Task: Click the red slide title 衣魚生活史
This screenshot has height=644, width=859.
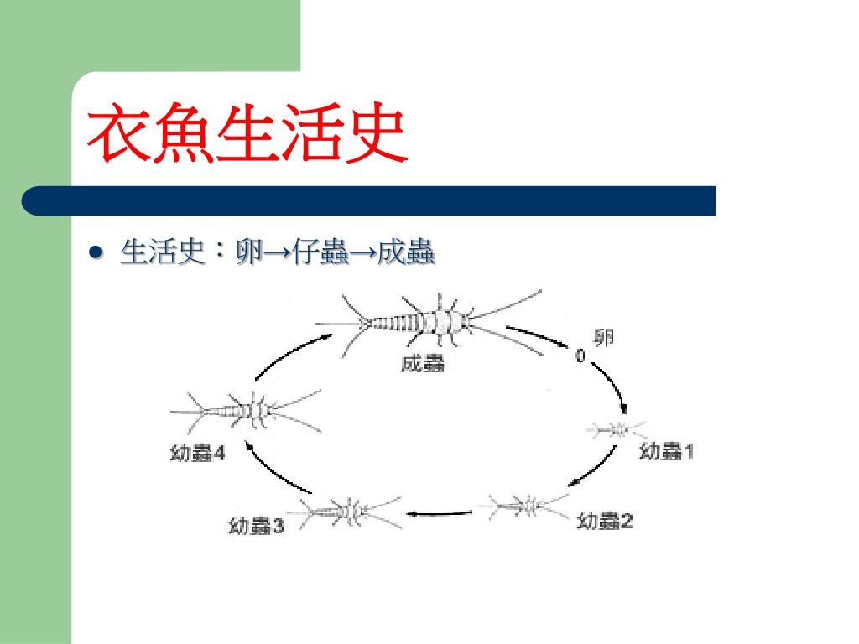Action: tap(247, 133)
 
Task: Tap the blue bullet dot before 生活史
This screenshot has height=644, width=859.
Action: tap(96, 252)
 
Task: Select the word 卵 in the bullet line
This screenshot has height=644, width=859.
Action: tap(248, 252)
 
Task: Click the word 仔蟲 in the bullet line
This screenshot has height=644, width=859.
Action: tap(320, 252)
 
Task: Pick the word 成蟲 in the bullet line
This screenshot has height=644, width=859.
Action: tap(406, 252)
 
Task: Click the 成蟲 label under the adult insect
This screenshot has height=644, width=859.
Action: tap(423, 364)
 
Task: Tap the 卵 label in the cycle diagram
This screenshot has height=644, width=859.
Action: tap(604, 338)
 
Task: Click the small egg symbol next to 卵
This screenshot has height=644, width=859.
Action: tap(580, 356)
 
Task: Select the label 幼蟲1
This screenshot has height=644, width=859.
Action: tap(666, 452)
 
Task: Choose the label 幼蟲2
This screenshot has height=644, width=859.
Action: tap(605, 520)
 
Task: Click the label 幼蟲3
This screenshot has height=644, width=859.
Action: tap(256, 527)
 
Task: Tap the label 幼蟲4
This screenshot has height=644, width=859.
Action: tap(197, 454)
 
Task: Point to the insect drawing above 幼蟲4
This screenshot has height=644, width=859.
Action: tap(247, 412)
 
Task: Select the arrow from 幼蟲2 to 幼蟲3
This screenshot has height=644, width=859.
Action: tap(440, 514)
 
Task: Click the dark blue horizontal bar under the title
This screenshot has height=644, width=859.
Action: tap(368, 201)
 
